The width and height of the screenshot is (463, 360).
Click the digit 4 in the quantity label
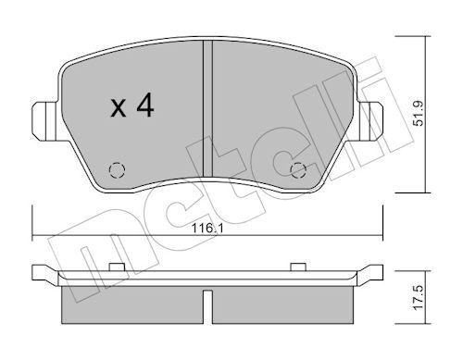pyautogui.click(x=144, y=107)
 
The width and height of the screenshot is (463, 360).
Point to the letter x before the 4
pyautogui.click(x=119, y=109)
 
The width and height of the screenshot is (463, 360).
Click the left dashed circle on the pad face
pyautogui.click(x=116, y=169)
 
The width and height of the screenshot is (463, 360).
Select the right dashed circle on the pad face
pyautogui.click(x=297, y=169)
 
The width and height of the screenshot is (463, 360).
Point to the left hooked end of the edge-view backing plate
pyautogui.click(x=39, y=272)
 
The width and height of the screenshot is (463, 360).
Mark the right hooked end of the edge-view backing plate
pyautogui.click(x=376, y=272)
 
